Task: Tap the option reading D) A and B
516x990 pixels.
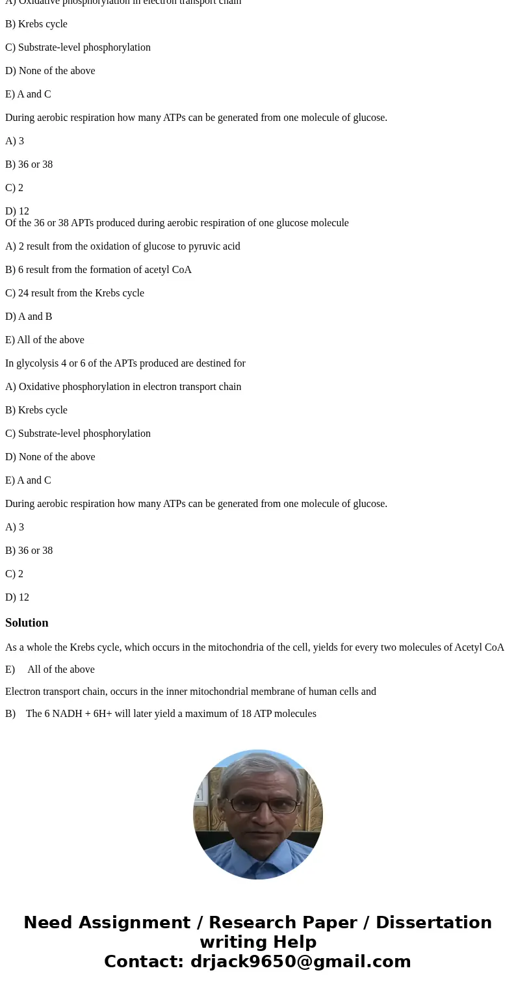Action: pos(29,317)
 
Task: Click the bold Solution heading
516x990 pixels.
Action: pos(27,623)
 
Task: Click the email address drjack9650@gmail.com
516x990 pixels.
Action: pos(300,962)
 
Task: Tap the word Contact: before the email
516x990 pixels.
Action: pos(144,962)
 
